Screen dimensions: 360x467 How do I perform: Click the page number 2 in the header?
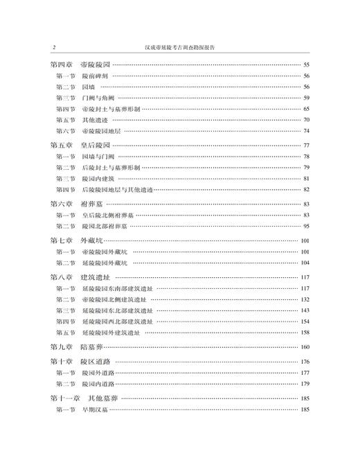[53, 48]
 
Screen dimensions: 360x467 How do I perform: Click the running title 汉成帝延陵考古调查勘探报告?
[179, 48]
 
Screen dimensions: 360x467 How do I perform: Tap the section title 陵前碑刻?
[96, 76]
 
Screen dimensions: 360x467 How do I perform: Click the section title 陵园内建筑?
[100, 179]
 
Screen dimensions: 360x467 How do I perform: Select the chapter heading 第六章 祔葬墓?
[76, 204]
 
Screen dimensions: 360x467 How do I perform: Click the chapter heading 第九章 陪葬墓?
[76, 346]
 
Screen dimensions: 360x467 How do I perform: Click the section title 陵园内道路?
[100, 384]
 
